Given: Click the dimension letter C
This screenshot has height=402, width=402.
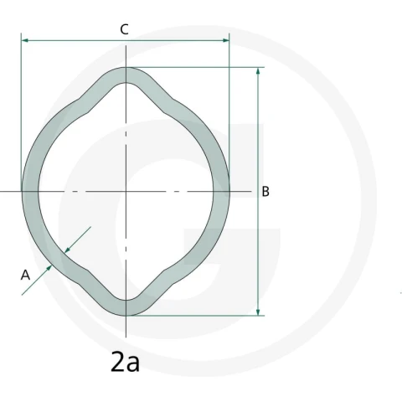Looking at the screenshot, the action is pos(125,29).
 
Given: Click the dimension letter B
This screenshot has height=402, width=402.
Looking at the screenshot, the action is pos(265,192).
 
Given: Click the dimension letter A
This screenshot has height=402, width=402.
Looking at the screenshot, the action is pos(25,275).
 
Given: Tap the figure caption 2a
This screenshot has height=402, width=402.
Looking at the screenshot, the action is pos(125,362).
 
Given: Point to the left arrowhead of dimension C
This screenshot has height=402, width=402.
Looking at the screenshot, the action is pos(24,40).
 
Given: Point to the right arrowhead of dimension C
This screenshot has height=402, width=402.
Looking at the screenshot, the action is pos(225,40).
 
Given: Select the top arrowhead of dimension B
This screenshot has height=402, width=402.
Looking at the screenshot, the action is pos(258,71).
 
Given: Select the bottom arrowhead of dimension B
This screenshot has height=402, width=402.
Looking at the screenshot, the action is pos(258,312).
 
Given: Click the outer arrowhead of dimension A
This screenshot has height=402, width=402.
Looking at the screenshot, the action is pos(49,268).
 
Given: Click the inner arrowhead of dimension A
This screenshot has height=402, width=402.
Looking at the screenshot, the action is pos(67,250).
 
